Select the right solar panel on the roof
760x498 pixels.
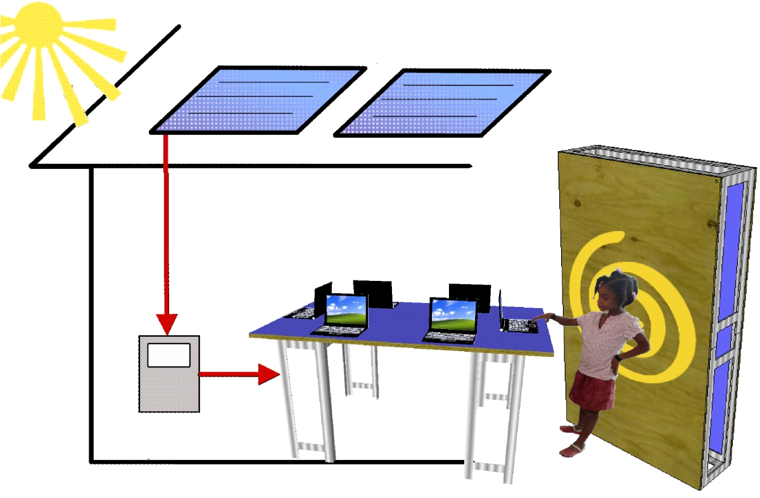click(x=442, y=103)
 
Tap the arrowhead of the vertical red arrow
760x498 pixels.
click(x=167, y=323)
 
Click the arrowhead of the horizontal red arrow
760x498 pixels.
click(x=269, y=375)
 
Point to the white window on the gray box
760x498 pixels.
click(x=168, y=354)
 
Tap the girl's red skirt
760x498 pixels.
click(x=593, y=390)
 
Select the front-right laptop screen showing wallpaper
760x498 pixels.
click(x=453, y=315)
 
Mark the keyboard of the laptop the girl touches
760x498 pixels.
click(x=521, y=325)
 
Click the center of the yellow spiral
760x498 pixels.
click(x=633, y=316)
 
